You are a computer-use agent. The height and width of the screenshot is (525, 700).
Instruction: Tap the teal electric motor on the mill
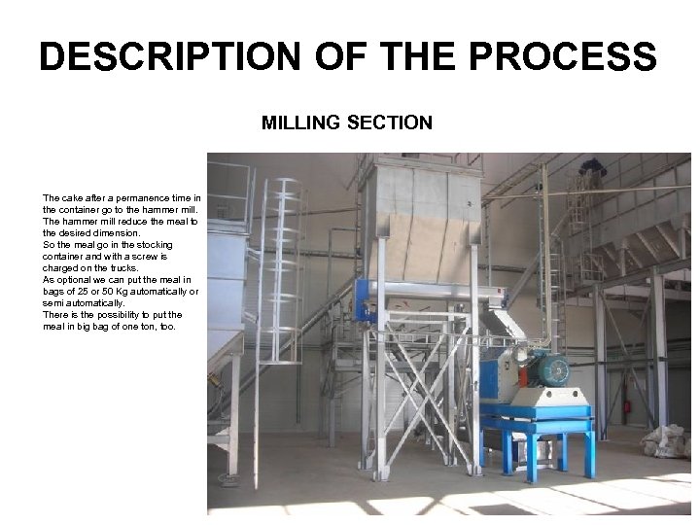pyautogui.click(x=550, y=368)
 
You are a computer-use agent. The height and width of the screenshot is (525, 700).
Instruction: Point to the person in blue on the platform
pyautogui.click(x=586, y=179)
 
